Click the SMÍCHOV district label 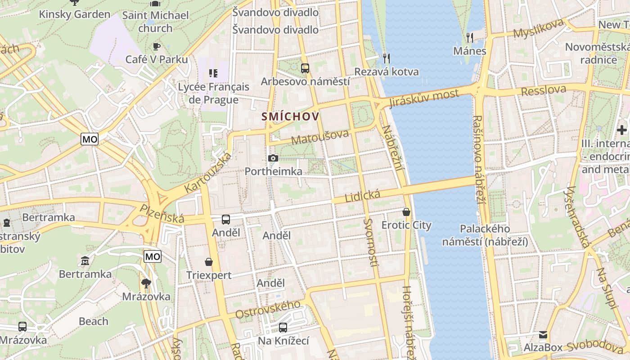pyautogui.click(x=291, y=117)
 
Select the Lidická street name pyautogui.click(x=362, y=196)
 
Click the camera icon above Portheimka pyautogui.click(x=273, y=158)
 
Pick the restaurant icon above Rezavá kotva pyautogui.click(x=386, y=58)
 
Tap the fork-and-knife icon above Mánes pyautogui.click(x=470, y=37)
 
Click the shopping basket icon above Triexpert pyautogui.click(x=209, y=261)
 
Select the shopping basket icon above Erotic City pyautogui.click(x=406, y=211)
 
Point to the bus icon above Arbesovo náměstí pyautogui.click(x=305, y=68)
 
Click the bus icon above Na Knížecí pyautogui.click(x=283, y=327)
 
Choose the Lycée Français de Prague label pyautogui.click(x=213, y=93)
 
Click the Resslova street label pyautogui.click(x=543, y=90)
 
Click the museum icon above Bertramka pyautogui.click(x=85, y=261)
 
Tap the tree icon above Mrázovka pyautogui.click(x=146, y=283)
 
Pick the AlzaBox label pyautogui.click(x=543, y=347)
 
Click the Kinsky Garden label pyautogui.click(x=74, y=14)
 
